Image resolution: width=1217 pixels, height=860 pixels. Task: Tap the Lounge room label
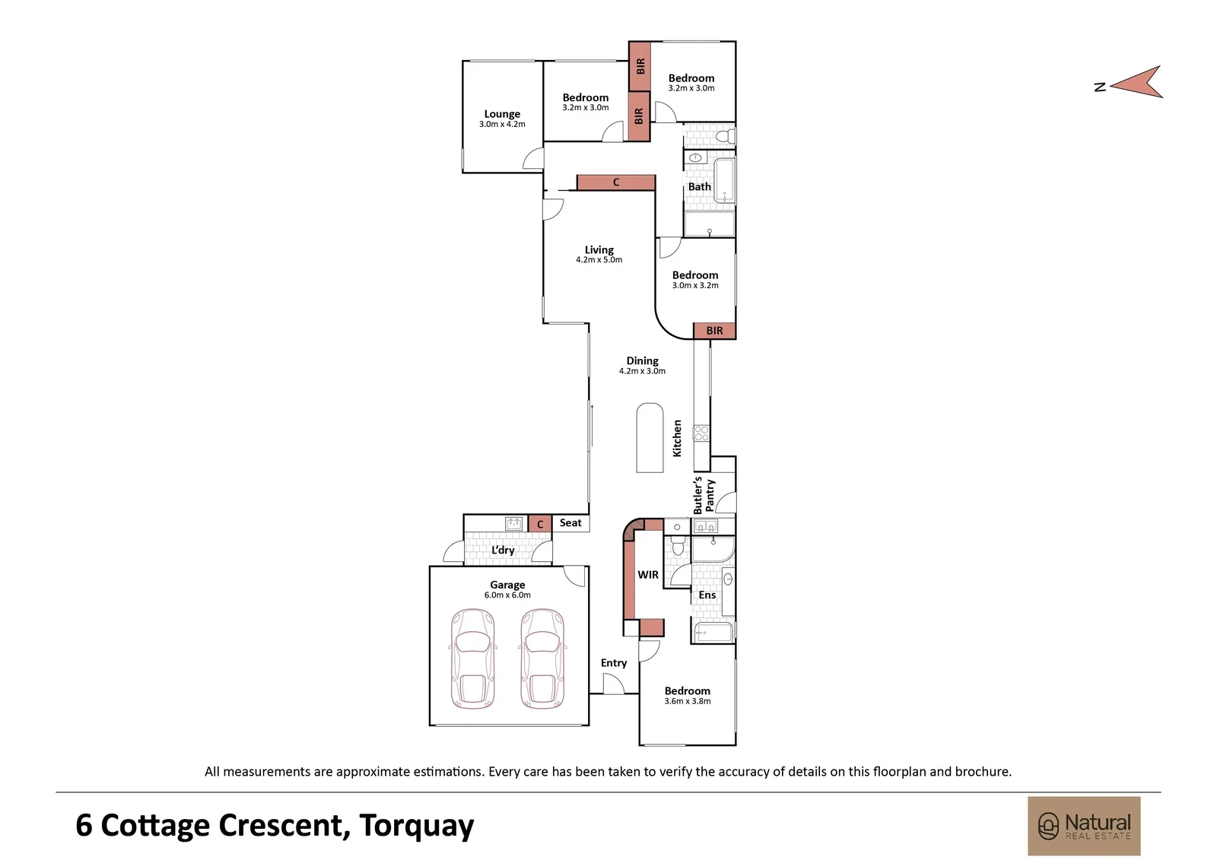click(502, 114)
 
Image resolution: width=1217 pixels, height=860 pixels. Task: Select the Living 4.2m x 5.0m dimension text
click(599, 260)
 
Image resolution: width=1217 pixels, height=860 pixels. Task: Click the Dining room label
click(642, 360)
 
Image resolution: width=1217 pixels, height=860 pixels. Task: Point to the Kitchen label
click(677, 438)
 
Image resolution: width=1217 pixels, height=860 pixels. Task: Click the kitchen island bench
click(650, 437)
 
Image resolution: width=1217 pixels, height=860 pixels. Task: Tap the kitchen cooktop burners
click(701, 433)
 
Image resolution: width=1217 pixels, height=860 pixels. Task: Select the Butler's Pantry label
click(704, 495)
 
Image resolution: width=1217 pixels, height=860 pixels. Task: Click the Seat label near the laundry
click(570, 522)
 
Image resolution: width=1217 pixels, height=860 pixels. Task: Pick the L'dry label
click(503, 550)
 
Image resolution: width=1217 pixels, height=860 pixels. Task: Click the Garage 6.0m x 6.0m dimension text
click(507, 595)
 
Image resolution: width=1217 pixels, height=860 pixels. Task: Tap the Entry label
click(613, 663)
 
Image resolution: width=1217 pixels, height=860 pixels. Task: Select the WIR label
click(647, 574)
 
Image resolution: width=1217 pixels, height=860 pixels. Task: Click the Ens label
click(707, 595)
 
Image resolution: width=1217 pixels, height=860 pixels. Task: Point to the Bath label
click(699, 186)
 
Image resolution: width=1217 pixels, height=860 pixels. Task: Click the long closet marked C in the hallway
click(616, 182)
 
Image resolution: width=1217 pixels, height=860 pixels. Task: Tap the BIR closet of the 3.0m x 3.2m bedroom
click(714, 331)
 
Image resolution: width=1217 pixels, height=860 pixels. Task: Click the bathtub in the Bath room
click(724, 181)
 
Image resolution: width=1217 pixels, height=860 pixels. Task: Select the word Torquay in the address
click(416, 826)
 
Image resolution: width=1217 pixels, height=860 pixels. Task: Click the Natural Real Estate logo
click(1084, 826)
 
